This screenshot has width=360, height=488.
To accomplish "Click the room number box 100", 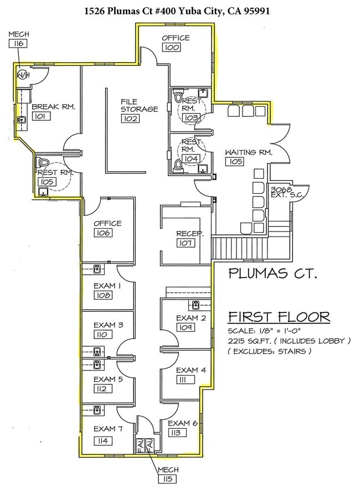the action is (171, 47).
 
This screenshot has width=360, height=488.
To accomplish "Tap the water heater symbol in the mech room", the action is (22, 75).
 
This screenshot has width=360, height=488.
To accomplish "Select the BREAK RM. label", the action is (54, 107).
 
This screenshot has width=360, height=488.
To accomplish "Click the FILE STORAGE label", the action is (140, 105).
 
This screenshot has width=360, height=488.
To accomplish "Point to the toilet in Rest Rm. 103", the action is (178, 96).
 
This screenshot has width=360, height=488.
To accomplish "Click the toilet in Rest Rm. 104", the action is (178, 165).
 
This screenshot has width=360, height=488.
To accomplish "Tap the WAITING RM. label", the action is (249, 152).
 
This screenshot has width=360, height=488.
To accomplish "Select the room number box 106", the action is (103, 233).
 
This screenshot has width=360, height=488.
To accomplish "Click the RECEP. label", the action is (190, 233).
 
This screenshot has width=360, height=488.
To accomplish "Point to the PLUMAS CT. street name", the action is (273, 273).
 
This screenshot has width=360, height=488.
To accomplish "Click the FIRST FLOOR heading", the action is (279, 317).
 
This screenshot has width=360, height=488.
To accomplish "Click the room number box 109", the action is (186, 327).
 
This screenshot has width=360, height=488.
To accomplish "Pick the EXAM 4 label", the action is (191, 370).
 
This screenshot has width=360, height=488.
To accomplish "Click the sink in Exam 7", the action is (97, 410).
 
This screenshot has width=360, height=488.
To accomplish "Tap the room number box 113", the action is (177, 433).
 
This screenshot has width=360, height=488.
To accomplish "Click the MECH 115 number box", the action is (168, 479).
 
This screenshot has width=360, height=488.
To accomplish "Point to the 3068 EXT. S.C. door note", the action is (286, 192).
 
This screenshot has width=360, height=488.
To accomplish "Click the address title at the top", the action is (177, 11).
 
